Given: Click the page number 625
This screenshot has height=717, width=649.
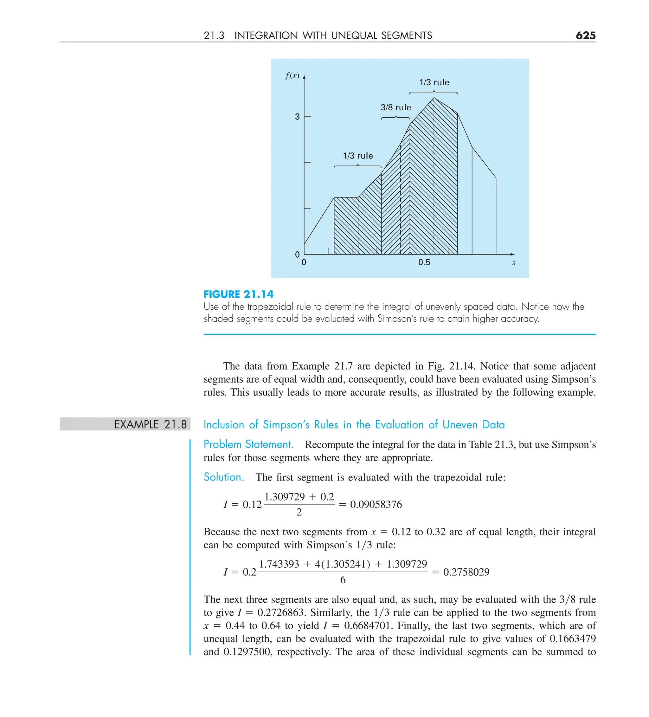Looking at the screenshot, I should (585, 35).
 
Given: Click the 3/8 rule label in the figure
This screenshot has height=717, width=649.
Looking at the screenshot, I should (395, 107).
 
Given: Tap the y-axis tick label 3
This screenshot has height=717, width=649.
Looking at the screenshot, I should (297, 117).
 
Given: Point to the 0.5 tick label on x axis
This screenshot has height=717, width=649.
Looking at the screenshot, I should (424, 262).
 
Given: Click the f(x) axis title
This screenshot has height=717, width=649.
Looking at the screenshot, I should (292, 76).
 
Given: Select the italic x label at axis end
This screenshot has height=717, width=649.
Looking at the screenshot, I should (513, 262).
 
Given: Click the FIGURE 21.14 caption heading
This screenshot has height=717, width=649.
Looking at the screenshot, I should (238, 294).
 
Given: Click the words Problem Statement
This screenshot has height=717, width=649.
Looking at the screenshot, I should (248, 444).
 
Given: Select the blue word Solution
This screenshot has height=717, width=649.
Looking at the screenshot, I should (224, 477).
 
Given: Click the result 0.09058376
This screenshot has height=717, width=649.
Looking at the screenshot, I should (376, 504).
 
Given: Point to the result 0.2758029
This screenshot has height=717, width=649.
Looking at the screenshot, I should (466, 572).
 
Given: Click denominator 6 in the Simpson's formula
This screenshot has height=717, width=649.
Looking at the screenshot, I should (343, 580).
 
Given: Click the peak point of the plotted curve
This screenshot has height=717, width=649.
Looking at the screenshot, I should (434, 98).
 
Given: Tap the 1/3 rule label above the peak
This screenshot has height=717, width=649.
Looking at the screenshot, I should (434, 82).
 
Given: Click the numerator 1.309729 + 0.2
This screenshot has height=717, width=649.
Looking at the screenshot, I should (299, 496).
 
